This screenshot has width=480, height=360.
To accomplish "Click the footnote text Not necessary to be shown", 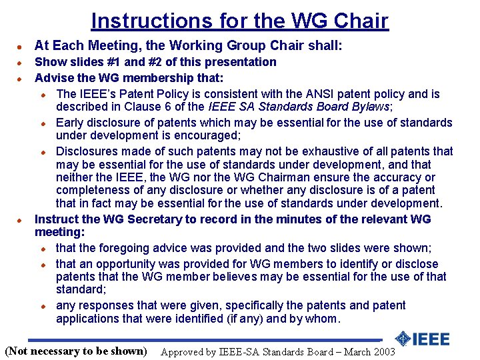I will click(75, 351).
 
